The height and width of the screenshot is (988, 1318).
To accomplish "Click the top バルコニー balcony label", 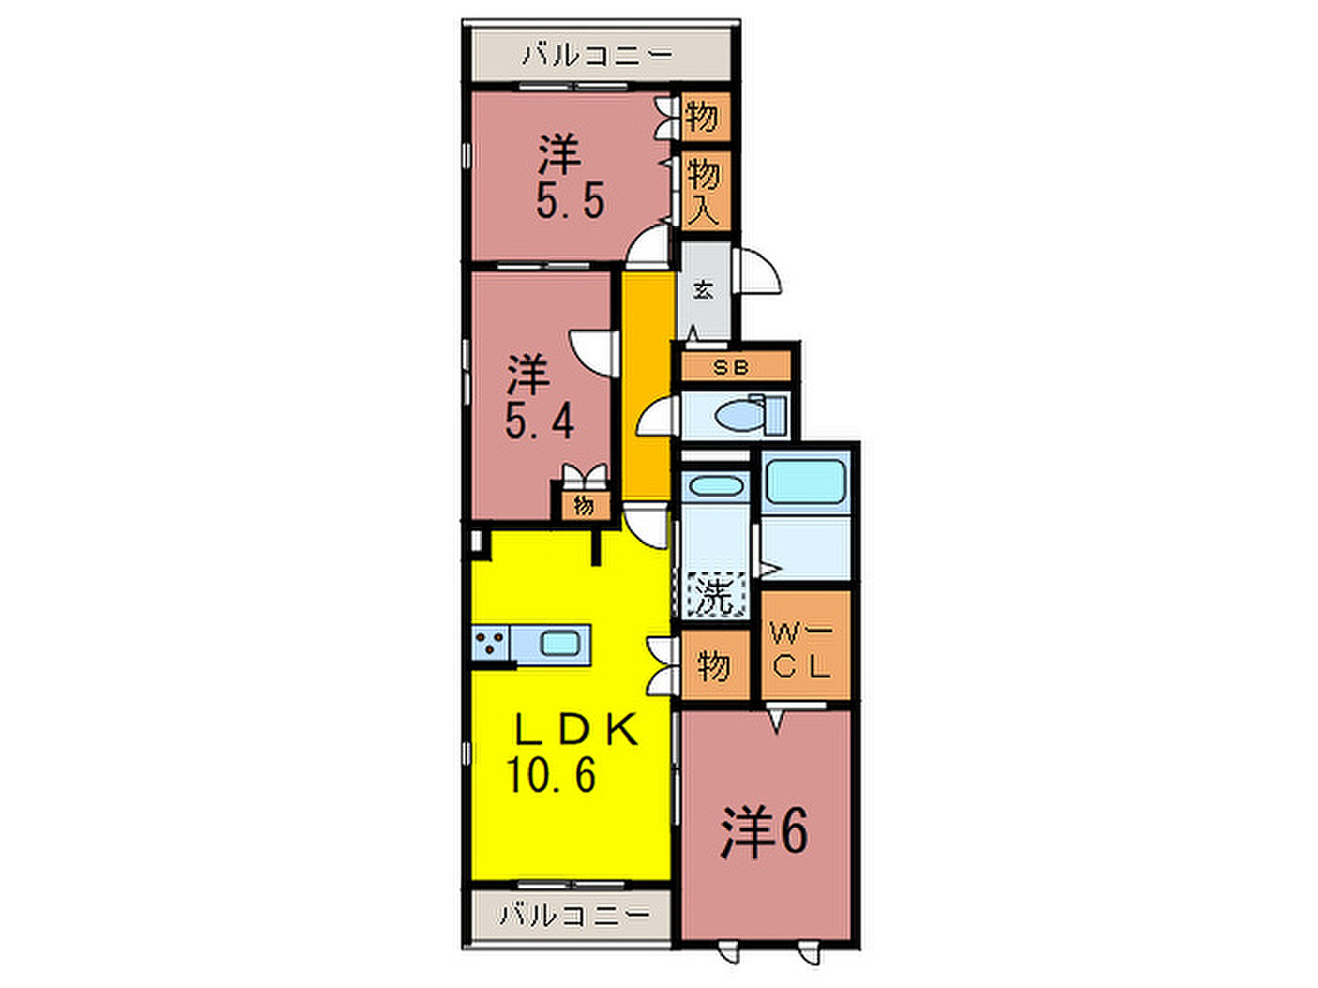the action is coord(598,56).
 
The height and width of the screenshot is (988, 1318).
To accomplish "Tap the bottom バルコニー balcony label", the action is coord(574,915).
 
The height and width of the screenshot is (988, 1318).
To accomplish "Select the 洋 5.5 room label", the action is coord(569,176).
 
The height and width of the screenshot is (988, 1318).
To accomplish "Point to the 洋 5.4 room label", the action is coord(538,396).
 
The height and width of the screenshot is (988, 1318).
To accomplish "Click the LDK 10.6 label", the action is coord(571,752).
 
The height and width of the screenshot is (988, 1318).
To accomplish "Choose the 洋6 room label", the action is coord(764,832).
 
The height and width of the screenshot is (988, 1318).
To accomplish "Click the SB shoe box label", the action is coord(731,367).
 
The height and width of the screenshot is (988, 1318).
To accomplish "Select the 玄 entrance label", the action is coord(703,291).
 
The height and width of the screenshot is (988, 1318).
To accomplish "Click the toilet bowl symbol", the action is coord(739,415).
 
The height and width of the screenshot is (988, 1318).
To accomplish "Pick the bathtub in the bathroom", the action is coord(805,481).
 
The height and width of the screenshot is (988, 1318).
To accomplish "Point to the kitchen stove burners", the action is coord(490,643).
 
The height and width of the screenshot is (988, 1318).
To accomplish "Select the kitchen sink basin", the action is coord(559,644).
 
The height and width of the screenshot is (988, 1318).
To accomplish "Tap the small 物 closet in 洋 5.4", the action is coord(583,505).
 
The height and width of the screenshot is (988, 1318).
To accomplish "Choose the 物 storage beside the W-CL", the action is coord(715,665).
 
